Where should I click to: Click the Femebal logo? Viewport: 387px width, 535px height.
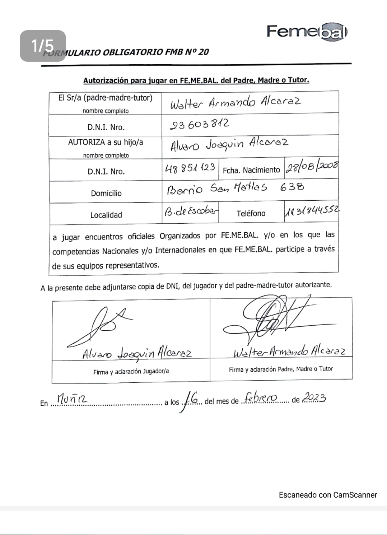pyautogui.click(x=307, y=32)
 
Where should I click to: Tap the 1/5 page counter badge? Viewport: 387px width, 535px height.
pyautogui.click(x=43, y=46)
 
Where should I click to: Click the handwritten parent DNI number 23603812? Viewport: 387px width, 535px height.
pyautogui.click(x=199, y=124)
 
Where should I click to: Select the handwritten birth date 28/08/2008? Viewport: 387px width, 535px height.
pyautogui.click(x=312, y=168)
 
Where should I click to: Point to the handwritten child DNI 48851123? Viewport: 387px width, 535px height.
pyautogui.click(x=190, y=168)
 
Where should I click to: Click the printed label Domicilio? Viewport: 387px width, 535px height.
pyautogui.click(x=106, y=193)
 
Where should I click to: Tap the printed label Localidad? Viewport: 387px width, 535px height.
pyautogui.click(x=106, y=215)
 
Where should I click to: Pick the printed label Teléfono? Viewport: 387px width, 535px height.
pyautogui.click(x=251, y=213)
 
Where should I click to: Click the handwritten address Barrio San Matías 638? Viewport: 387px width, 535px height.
pyautogui.click(x=235, y=188)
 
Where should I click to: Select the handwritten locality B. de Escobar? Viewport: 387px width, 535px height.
pyautogui.click(x=191, y=211)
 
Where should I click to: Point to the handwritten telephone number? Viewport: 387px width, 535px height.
pyautogui.click(x=312, y=211)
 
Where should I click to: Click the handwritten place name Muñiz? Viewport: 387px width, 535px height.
pyautogui.click(x=72, y=398)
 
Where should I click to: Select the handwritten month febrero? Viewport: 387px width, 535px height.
pyautogui.click(x=260, y=398)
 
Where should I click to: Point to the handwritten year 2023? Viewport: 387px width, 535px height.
pyautogui.click(x=314, y=397)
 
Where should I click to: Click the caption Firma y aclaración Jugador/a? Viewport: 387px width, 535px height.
pyautogui.click(x=131, y=372)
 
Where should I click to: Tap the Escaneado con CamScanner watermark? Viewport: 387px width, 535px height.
pyautogui.click(x=328, y=495)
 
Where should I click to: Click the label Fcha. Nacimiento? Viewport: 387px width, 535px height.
pyautogui.click(x=251, y=170)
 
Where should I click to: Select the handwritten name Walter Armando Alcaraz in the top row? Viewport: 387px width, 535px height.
pyautogui.click(x=235, y=102)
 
